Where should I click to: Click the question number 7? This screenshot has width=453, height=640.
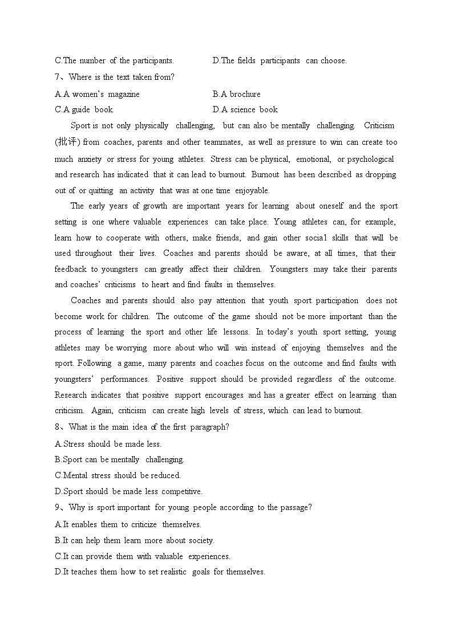click(58, 78)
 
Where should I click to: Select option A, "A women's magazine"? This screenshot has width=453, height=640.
click(97, 94)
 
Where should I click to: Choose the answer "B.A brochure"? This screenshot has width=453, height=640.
click(236, 94)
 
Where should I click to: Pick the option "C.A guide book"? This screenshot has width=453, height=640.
click(84, 109)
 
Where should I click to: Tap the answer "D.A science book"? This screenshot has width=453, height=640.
click(245, 109)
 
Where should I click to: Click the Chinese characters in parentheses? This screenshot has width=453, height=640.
click(66, 142)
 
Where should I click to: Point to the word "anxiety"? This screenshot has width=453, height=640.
click(90, 158)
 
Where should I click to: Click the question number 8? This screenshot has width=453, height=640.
click(58, 427)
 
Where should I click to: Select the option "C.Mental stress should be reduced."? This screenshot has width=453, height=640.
click(118, 475)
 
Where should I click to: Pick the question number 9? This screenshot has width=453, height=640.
click(58, 507)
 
